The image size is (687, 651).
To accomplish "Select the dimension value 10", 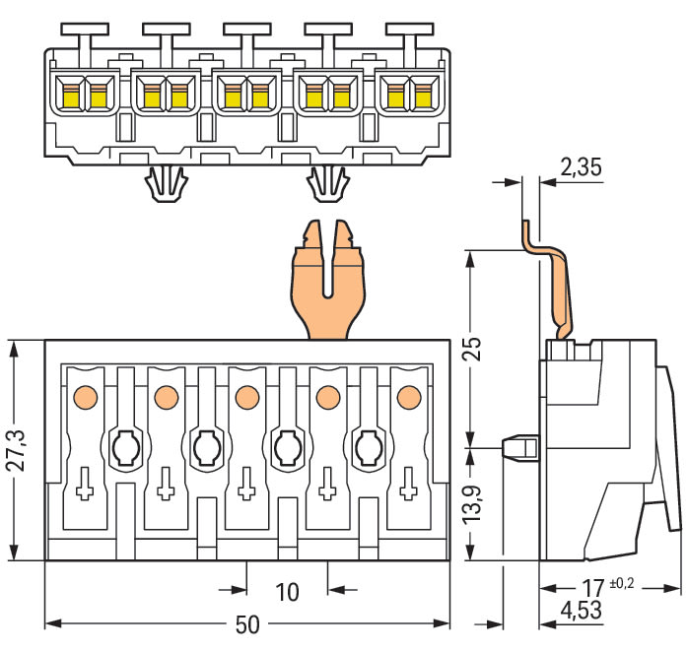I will pos(286,591).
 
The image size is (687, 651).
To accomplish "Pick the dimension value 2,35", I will pos(580,167).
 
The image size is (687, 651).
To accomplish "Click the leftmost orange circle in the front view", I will pos(85,395).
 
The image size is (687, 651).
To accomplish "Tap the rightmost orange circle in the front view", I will pos(406,395).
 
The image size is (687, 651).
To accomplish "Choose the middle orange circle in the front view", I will pos(245,395).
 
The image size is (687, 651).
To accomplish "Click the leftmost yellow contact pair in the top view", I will pos(85,96).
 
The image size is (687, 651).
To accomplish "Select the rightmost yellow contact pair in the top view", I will pos(410,96).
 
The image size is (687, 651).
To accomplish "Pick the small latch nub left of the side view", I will pos(519,447).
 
